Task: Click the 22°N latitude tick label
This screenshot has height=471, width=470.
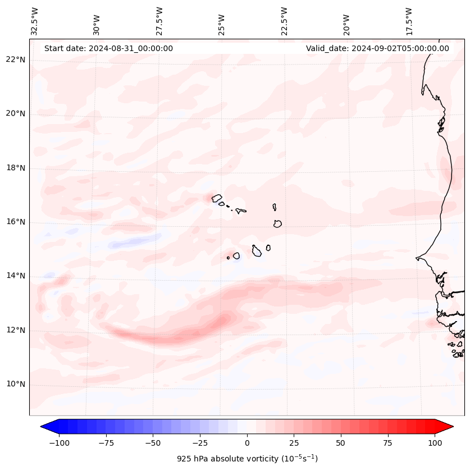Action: pos(16,60)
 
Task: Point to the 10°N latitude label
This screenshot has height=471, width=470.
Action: pos(16,385)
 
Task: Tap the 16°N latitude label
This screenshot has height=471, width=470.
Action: pos(16,222)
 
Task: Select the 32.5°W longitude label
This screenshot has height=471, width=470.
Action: pos(35,21)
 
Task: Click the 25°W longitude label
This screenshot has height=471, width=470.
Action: pos(222,21)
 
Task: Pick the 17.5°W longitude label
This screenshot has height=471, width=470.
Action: pos(409,21)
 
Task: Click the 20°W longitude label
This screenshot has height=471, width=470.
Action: pos(346,21)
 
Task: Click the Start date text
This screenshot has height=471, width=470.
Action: pos(108,48)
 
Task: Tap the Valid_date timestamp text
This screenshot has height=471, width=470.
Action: pos(377,48)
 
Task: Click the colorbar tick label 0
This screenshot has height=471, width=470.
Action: pos(247,443)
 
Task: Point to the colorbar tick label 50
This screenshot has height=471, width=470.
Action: pos(340,443)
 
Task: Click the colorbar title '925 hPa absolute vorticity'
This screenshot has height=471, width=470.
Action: pos(247,459)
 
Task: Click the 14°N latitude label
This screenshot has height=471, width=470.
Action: pos(16,276)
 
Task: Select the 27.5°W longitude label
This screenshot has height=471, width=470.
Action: pos(159,21)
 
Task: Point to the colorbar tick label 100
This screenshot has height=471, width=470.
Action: pos(434,443)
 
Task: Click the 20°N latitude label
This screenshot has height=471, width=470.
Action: pos(16,114)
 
